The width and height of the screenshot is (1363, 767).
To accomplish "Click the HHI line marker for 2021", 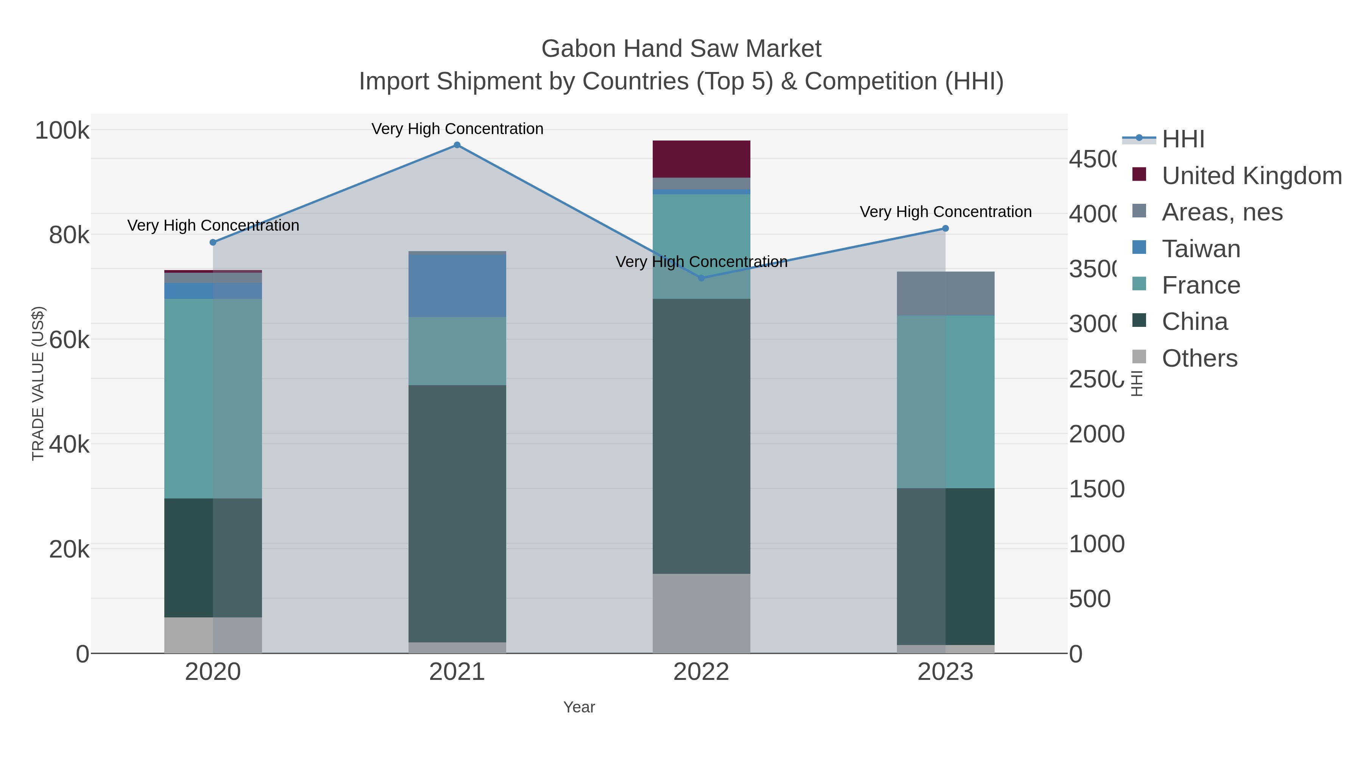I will point(457,145).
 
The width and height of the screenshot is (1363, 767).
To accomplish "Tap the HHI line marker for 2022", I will point(701,278).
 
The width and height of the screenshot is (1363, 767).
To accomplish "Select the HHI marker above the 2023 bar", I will point(945,229).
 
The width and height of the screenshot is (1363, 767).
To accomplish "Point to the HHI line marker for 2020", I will point(213,242).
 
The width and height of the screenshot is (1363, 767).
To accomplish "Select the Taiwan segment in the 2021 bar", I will point(457,286).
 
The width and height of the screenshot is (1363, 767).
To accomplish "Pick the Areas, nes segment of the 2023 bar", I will point(945,294).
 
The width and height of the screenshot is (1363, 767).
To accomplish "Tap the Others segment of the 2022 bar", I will point(701,614).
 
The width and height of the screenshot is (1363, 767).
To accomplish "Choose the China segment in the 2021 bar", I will point(457,514).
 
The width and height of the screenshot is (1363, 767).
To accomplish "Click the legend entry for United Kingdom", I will point(1251,176).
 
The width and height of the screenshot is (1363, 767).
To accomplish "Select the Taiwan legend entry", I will point(1201,249).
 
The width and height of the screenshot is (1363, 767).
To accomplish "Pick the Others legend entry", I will point(1199,358).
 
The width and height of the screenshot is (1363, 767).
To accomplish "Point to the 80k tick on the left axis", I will point(69,235).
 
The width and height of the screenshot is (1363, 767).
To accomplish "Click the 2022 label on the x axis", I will point(701,672).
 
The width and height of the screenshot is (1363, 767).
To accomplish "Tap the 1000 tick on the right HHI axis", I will point(1096,544).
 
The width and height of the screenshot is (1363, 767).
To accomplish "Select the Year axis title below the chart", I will point(579,707).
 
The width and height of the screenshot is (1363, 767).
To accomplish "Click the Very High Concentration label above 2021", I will point(457,129).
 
